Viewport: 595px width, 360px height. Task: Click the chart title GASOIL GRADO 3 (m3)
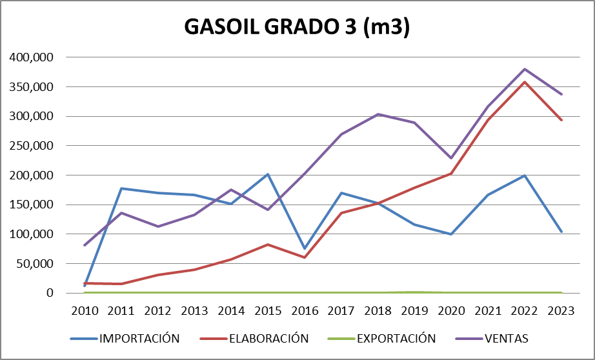[x=297, y=27]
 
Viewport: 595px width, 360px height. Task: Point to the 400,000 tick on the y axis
[x=32, y=57]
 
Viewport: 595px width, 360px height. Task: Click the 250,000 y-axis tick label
[x=32, y=146]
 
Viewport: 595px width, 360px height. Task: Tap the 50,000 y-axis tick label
[x=35, y=263]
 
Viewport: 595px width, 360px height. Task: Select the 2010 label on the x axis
[x=85, y=310]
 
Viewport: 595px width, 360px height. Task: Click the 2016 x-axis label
[x=305, y=310]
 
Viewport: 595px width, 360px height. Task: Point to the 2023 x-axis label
[x=561, y=310]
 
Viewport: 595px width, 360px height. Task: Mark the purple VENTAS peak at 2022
[x=525, y=69]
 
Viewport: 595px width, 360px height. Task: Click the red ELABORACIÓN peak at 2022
[x=525, y=82]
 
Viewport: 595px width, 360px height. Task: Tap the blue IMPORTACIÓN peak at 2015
[x=268, y=174]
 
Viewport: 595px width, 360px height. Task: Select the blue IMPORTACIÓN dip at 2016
[x=305, y=248]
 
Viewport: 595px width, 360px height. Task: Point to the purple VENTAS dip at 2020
[x=452, y=158]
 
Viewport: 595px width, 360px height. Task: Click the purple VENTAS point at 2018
[x=378, y=114]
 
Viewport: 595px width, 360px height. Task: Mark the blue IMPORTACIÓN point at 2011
[x=121, y=188]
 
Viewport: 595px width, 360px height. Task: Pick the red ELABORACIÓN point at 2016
[x=305, y=257]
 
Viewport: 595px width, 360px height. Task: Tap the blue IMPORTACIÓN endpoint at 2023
[x=561, y=232]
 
